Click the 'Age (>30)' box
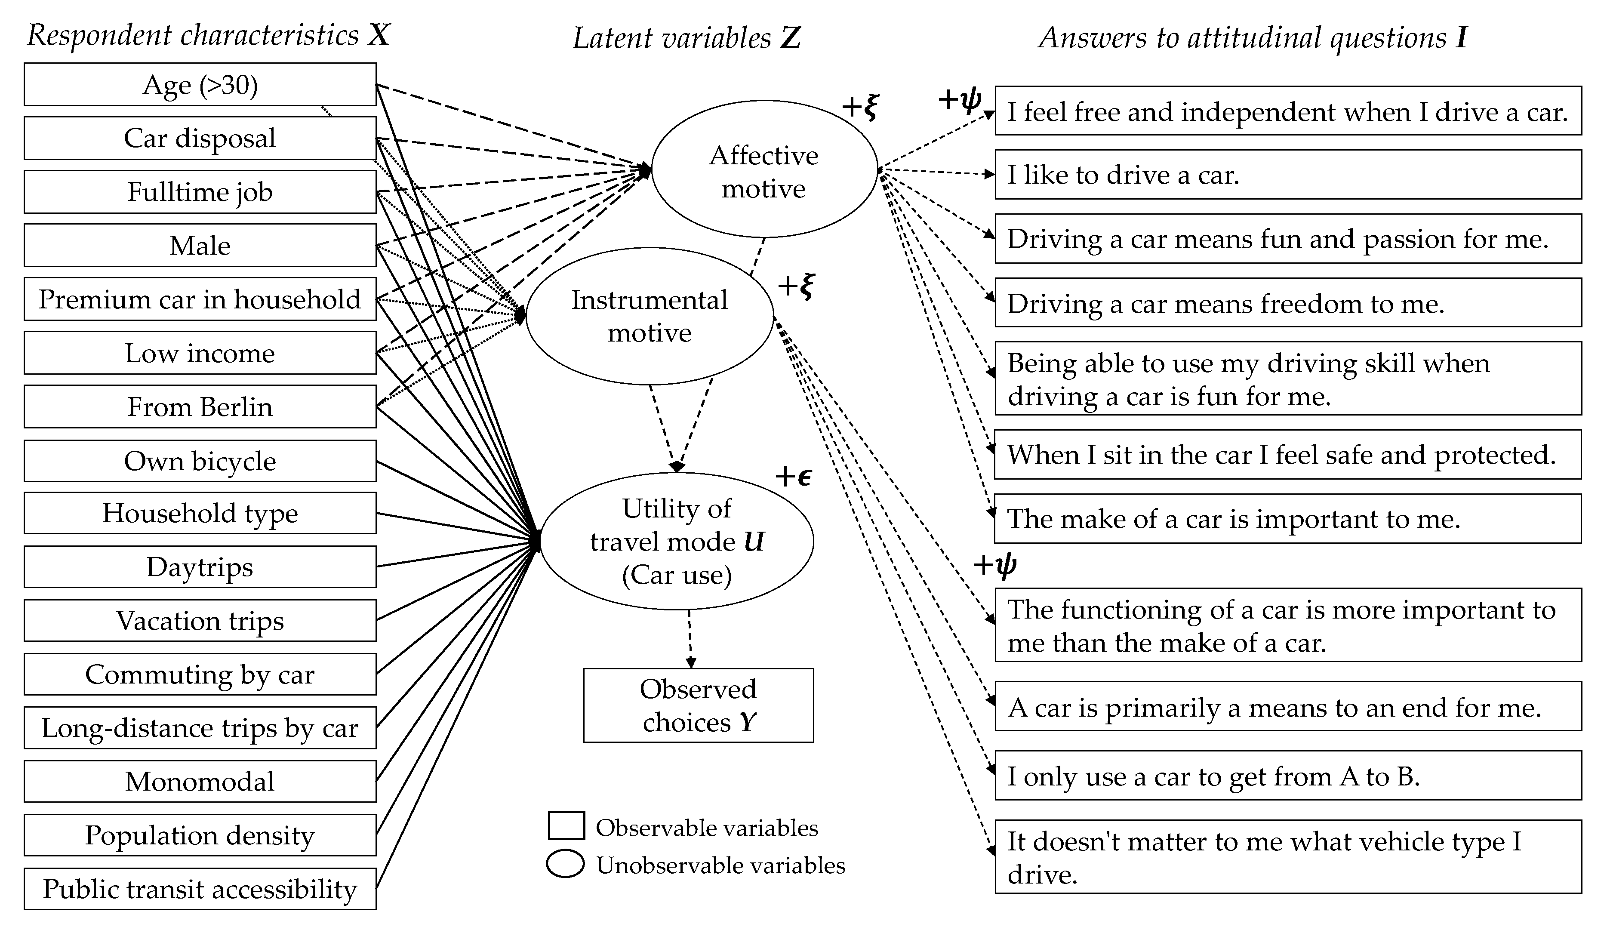200,85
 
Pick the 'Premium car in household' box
200,299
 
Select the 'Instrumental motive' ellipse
649,316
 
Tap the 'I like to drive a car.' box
1288,175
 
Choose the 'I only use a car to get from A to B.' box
1288,776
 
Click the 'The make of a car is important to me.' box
1288,518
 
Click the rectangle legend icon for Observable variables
566,826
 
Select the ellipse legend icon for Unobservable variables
566,864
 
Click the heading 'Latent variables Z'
686,38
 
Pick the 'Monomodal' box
200,781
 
